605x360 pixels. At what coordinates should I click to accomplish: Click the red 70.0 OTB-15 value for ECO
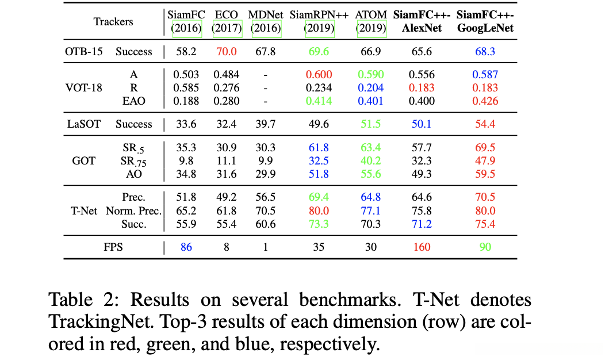pyautogui.click(x=227, y=52)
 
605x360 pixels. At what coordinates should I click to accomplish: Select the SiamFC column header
pyautogui.click(x=185, y=14)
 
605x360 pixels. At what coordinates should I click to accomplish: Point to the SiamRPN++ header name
pyautogui.click(x=319, y=14)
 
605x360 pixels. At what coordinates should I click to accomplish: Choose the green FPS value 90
pyautogui.click(x=485, y=247)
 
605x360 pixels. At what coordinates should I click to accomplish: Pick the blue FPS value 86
pyautogui.click(x=186, y=247)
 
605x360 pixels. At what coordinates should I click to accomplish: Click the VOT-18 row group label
pyautogui.click(x=84, y=87)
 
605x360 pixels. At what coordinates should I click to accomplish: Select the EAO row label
pyautogui.click(x=133, y=101)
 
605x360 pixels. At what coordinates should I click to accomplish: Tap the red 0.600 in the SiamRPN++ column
pyautogui.click(x=319, y=74)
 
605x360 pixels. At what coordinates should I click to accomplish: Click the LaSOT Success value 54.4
pyautogui.click(x=485, y=124)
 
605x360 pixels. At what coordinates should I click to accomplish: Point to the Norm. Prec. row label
pyautogui.click(x=133, y=211)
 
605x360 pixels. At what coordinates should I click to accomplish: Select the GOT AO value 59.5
pyautogui.click(x=485, y=174)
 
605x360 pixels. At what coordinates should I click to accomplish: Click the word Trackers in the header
pyautogui.click(x=113, y=22)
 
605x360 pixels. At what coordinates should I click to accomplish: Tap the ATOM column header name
pyautogui.click(x=371, y=14)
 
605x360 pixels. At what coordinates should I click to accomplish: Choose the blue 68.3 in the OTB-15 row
pyautogui.click(x=485, y=52)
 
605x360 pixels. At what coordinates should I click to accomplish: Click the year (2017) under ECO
pyautogui.click(x=227, y=28)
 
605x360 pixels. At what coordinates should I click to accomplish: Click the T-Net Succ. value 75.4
pyautogui.click(x=485, y=224)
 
